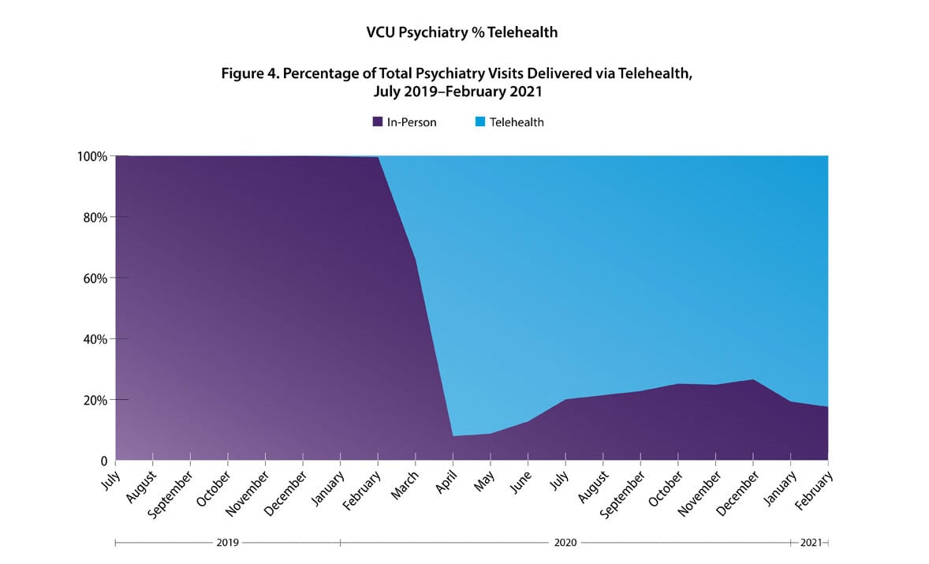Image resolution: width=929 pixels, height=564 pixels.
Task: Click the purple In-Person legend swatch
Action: coord(378,122)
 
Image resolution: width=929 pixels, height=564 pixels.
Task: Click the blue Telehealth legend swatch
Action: coord(480,122)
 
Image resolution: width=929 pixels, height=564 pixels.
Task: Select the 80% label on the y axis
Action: coord(95,217)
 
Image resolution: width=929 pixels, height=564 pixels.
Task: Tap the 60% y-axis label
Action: coord(95,278)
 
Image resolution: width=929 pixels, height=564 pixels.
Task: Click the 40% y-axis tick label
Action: coord(95,339)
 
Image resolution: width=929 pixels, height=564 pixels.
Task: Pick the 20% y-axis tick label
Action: coord(95,400)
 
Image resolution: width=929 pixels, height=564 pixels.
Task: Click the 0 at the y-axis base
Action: coord(103,461)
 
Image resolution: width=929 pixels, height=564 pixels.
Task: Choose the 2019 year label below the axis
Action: coord(227,543)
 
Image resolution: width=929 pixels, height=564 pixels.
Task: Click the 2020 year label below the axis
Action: coord(565,543)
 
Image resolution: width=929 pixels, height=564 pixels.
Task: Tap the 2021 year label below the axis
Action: coord(810,543)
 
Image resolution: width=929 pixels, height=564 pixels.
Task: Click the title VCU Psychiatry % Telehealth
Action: coord(461,32)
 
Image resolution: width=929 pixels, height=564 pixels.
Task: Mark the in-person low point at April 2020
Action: coord(453,436)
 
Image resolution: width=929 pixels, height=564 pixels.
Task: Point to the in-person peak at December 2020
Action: coord(754,379)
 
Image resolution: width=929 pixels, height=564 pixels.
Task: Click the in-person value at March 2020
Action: coord(416,259)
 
